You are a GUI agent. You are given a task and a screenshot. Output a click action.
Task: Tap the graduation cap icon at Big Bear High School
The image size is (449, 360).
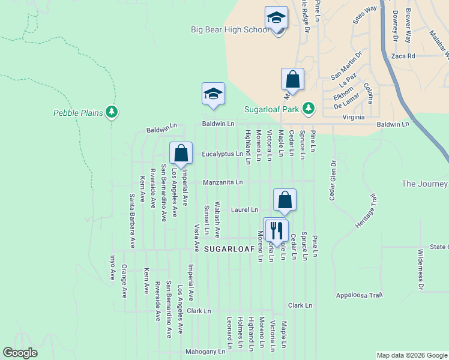click(276, 17)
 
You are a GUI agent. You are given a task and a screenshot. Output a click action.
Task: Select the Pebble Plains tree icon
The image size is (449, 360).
click(111, 112)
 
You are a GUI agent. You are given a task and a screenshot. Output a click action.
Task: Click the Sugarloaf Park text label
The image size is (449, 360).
click(271, 109)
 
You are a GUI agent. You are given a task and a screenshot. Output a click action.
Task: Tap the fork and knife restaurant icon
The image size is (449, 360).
click(276, 229)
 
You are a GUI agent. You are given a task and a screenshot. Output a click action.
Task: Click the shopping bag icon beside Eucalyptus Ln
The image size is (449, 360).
click(181, 154)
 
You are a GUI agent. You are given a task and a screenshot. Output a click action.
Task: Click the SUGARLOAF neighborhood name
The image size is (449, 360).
click(228, 248)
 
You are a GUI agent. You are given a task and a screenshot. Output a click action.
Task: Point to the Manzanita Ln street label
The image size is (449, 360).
click(223, 182)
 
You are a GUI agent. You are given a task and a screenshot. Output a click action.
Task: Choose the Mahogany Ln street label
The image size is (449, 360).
click(208, 350)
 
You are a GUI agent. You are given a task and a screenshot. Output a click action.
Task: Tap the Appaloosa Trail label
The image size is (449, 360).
click(359, 295)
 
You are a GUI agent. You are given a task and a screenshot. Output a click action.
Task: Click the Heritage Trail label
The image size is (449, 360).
click(368, 210)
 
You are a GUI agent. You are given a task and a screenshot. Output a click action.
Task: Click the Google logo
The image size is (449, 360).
click(20, 353)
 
